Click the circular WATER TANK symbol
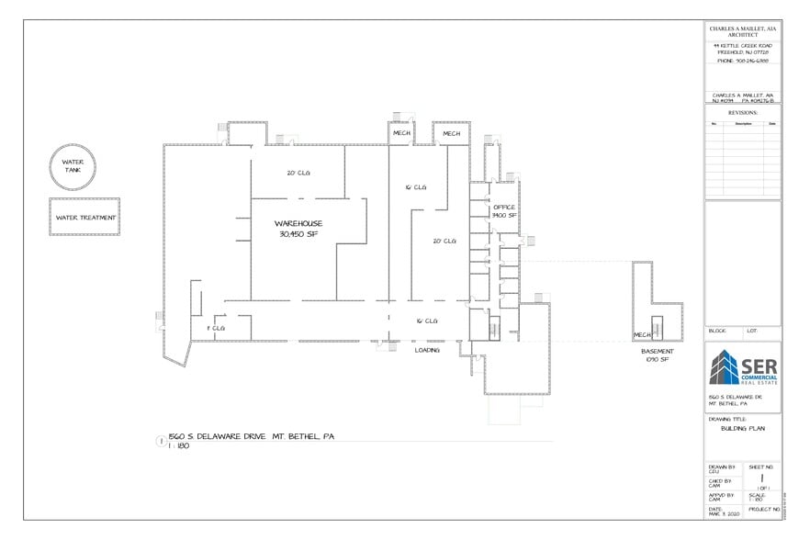tap(73, 165)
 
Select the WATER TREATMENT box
tap(85, 218)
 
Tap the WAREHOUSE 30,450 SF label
tap(298, 229)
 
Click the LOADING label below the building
tap(427, 350)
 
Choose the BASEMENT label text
tap(657, 352)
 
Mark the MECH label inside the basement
tap(642, 335)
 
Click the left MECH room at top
tap(401, 133)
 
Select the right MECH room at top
tap(451, 133)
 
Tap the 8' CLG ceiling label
tap(215, 328)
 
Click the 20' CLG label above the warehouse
tap(298, 172)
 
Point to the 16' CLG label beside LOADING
tap(427, 321)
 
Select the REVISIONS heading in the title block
tap(742, 112)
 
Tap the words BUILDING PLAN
tap(742, 429)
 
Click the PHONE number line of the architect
tap(742, 62)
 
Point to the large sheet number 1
tap(761, 478)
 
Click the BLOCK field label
tap(717, 330)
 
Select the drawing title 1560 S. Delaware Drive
tap(250, 436)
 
